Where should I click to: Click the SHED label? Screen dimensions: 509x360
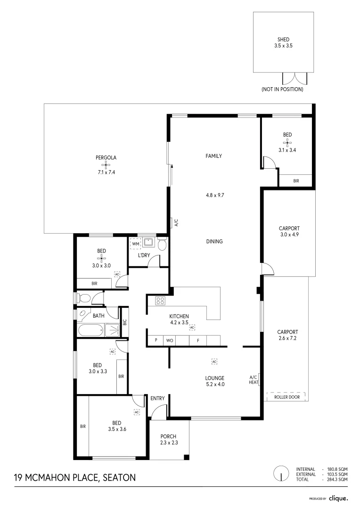(283, 40)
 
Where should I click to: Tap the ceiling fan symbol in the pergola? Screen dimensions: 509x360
(106, 165)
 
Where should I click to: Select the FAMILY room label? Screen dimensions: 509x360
(213, 156)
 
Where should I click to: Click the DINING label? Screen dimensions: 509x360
(214, 241)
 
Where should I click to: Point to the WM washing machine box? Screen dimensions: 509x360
(136, 244)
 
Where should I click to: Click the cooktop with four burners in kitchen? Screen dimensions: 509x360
(160, 300)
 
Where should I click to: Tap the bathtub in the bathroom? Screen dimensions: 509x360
(91, 330)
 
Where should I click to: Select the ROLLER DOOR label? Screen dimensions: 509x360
(286, 397)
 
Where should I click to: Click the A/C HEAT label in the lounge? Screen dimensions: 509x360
(254, 380)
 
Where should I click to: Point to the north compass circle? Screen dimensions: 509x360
(281, 474)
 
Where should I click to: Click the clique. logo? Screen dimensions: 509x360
(338, 498)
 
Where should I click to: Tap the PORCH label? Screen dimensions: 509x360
(168, 436)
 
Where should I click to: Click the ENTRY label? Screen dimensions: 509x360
(157, 398)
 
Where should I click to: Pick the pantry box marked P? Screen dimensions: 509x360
(155, 340)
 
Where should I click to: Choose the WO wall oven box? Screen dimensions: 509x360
(170, 340)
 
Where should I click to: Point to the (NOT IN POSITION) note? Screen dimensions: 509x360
(282, 89)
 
